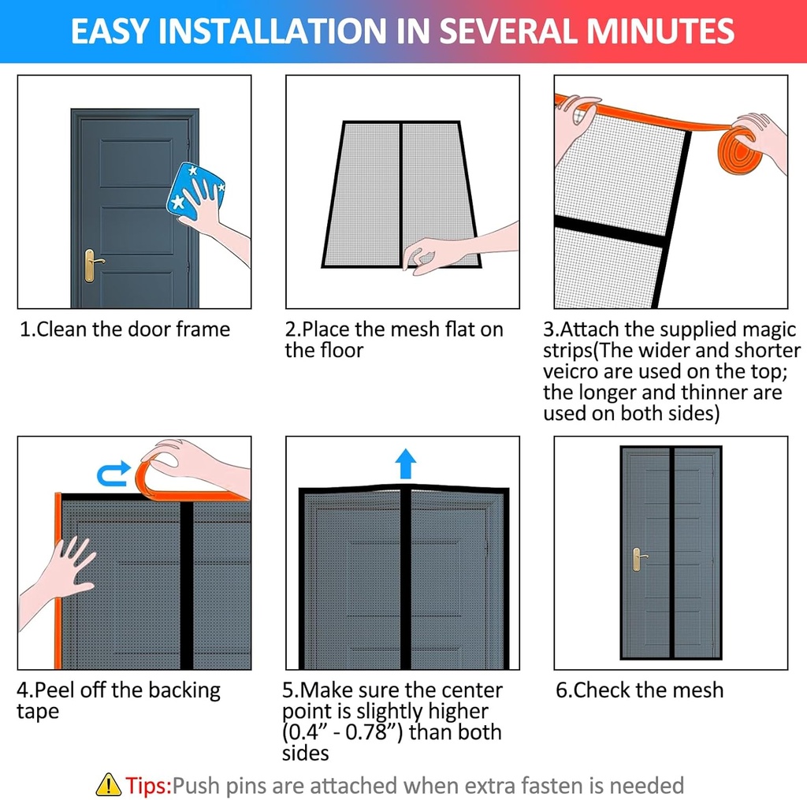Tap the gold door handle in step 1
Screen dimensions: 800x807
[91, 263]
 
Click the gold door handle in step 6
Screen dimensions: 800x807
[637, 560]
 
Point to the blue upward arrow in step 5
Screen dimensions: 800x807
[405, 463]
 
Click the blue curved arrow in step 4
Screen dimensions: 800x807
[113, 473]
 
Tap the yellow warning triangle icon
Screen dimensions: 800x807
[108, 784]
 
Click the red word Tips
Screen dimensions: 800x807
[147, 785]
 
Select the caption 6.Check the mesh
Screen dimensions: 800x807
[639, 690]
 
